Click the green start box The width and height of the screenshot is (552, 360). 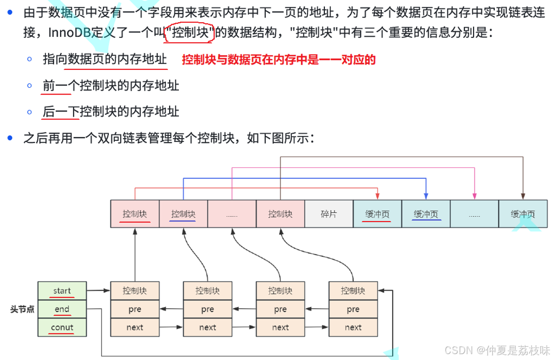click(x=62, y=290)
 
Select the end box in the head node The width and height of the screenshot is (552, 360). click(x=62, y=309)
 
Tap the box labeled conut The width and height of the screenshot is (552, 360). click(x=62, y=327)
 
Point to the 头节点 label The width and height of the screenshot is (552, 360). click(x=22, y=309)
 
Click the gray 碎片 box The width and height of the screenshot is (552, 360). click(x=329, y=214)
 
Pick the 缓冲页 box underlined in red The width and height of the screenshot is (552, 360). click(x=377, y=214)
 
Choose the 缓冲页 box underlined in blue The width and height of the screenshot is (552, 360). click(x=426, y=214)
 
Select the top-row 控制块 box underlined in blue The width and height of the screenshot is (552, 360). click(x=183, y=214)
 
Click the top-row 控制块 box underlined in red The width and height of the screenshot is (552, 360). click(x=135, y=214)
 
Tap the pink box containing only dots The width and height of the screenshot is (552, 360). click(x=232, y=214)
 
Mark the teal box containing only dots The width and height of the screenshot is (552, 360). click(x=474, y=214)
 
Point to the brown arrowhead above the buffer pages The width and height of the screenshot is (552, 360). click(x=523, y=196)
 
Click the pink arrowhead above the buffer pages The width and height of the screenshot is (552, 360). click(x=475, y=196)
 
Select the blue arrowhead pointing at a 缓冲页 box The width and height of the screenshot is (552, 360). click(x=426, y=196)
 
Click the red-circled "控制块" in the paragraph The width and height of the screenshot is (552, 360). click(x=190, y=33)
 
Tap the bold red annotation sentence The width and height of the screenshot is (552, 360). click(x=279, y=60)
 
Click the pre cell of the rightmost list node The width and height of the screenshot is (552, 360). click(x=353, y=309)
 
